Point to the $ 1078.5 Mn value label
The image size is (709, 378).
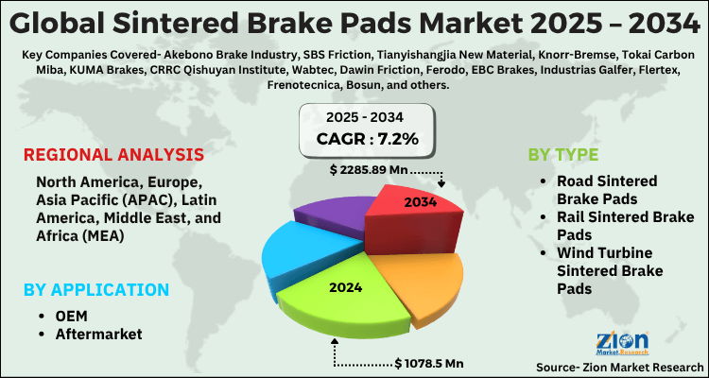[x=431, y=363]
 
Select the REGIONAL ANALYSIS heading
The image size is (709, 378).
[x=113, y=155]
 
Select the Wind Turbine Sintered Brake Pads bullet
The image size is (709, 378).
[x=615, y=270]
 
